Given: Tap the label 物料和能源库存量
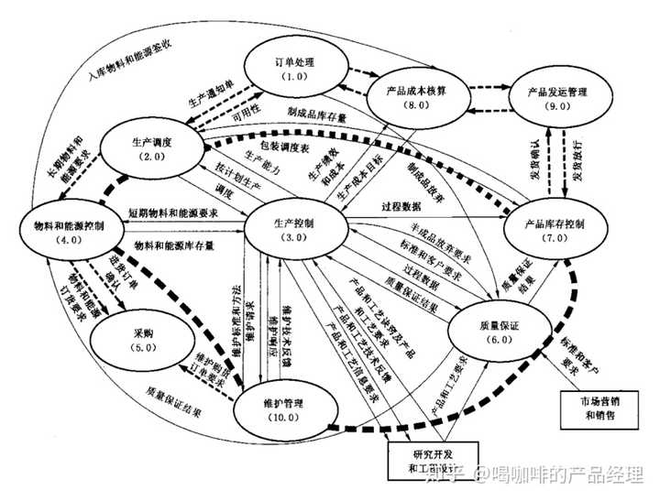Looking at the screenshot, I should (174, 245).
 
